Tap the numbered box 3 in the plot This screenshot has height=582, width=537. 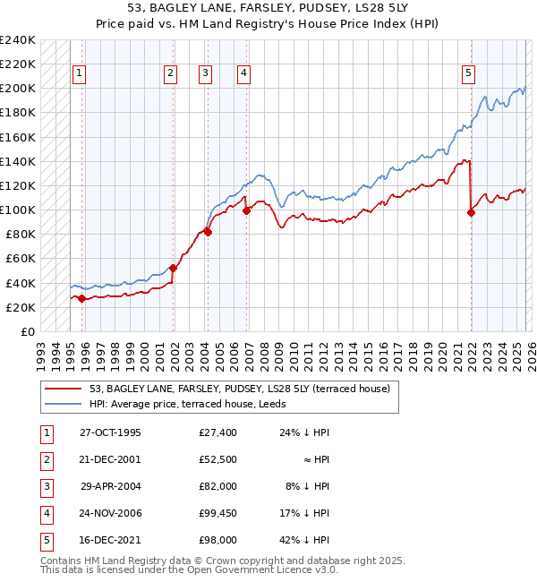206,74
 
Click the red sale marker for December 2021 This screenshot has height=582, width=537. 471,212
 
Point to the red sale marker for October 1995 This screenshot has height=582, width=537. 81,298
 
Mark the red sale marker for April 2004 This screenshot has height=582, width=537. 208,232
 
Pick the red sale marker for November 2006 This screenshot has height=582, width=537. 246,210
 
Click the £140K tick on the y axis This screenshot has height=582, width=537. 18,161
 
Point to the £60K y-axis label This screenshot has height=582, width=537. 21,259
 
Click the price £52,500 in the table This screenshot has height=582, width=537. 218,459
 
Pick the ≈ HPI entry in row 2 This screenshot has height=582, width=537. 316,459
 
